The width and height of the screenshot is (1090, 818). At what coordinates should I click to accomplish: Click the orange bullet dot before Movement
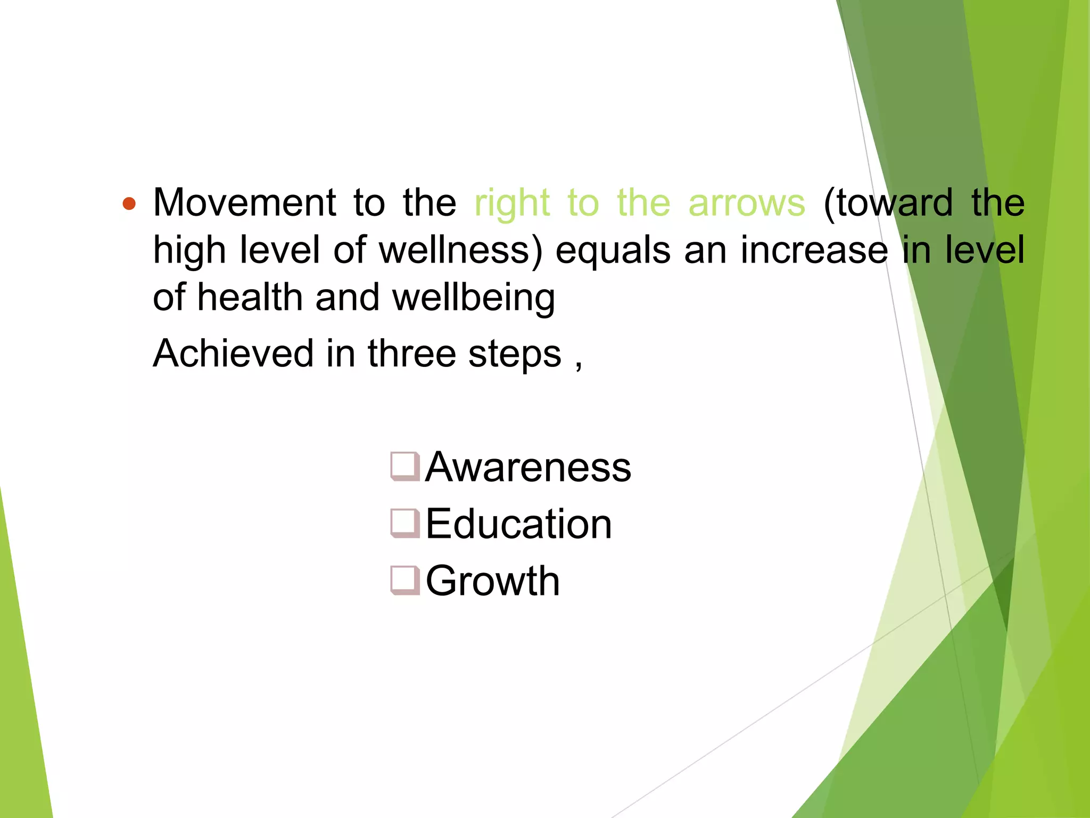(x=129, y=203)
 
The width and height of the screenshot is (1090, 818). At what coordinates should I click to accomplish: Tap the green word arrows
(x=746, y=203)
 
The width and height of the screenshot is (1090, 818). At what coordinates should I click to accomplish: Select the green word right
(x=511, y=203)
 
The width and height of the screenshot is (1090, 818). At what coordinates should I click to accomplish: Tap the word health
(x=250, y=297)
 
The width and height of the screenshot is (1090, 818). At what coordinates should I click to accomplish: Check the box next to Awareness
(x=405, y=467)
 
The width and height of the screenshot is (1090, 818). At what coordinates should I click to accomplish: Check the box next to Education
(x=405, y=523)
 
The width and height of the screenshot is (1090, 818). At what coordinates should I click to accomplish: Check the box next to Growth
(x=405, y=580)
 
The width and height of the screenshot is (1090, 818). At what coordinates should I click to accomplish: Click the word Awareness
(x=528, y=467)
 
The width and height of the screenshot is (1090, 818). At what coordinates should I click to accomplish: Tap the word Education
(x=518, y=524)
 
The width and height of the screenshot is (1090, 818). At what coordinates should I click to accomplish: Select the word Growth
(x=492, y=580)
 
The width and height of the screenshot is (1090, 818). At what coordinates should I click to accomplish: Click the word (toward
(x=888, y=203)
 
